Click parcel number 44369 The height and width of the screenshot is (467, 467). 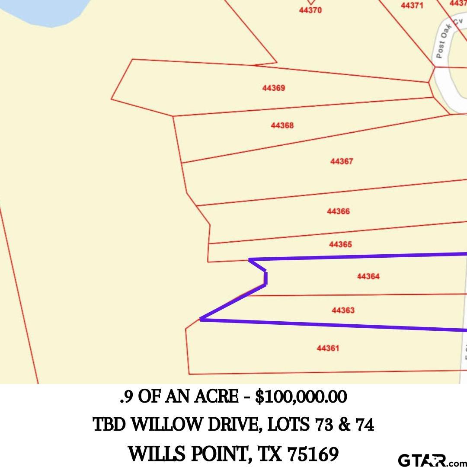tap(273, 88)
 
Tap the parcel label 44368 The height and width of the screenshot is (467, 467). tap(282, 125)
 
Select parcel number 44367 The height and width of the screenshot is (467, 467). tap(342, 161)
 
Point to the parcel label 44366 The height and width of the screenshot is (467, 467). tap(338, 211)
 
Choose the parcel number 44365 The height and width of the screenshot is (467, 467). tap(340, 244)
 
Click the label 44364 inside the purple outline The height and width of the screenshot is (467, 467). tap(368, 276)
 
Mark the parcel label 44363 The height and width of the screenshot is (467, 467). tap(343, 310)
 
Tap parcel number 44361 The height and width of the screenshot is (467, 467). tap(328, 348)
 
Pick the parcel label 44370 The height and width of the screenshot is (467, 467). tap(310, 10)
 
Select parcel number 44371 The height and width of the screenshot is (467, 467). tap(412, 6)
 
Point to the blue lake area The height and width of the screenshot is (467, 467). tap(48, 11)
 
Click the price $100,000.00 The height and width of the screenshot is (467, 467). tap(301, 397)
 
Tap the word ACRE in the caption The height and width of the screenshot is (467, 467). tap(221, 397)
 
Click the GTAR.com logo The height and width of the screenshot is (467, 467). tap(430, 460)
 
